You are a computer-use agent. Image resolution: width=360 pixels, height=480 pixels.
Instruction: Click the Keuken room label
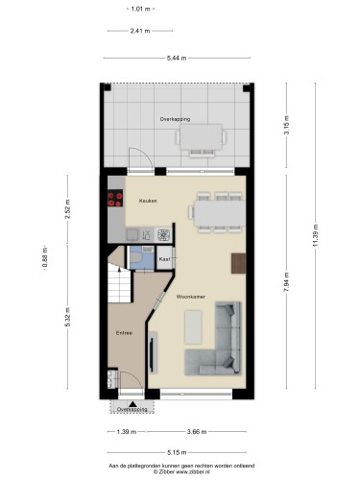click(148, 201)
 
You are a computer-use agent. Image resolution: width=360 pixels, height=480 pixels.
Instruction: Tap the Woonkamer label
click(191, 297)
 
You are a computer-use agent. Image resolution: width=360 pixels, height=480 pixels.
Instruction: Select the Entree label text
click(124, 333)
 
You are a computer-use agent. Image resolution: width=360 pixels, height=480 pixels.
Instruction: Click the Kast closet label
click(164, 259)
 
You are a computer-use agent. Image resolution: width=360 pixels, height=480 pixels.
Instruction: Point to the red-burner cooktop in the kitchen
click(115, 199)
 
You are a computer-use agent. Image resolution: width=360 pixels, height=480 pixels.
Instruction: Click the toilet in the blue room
click(136, 257)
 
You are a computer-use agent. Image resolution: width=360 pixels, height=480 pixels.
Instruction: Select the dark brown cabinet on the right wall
click(239, 263)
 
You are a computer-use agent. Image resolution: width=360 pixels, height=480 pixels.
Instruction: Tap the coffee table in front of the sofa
click(193, 327)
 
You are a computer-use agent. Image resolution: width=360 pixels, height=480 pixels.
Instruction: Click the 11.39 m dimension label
click(315, 235)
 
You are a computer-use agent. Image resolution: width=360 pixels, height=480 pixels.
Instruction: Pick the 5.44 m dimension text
click(177, 59)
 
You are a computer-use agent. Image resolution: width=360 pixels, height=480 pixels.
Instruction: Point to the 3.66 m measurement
click(197, 432)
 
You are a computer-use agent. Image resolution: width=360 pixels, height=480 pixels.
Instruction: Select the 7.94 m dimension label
click(286, 281)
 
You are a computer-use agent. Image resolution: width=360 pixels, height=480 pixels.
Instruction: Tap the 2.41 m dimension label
click(140, 31)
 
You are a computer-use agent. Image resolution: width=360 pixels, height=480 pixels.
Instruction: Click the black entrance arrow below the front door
click(132, 404)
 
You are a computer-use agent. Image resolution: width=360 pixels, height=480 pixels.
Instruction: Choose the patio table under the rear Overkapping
click(201, 137)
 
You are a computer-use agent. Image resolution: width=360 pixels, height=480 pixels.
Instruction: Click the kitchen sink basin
click(132, 235)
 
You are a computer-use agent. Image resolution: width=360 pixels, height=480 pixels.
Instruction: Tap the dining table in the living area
click(220, 213)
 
